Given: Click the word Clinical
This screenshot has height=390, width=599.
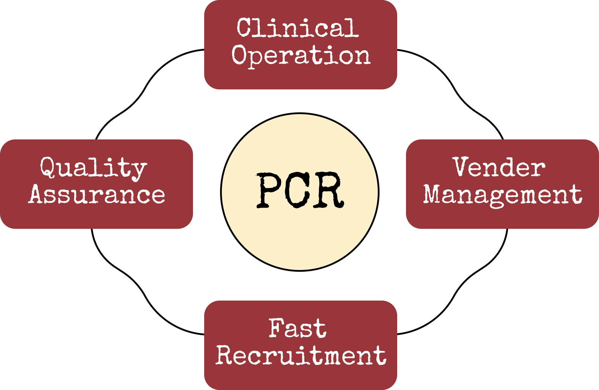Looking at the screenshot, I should [x=298, y=28].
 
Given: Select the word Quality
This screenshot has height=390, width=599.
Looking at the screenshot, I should [x=94, y=168].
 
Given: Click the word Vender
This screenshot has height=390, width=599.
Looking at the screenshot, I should [x=499, y=167].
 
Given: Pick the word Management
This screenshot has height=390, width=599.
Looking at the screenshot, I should [x=503, y=195].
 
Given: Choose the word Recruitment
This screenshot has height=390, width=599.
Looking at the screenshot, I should [x=301, y=355].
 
